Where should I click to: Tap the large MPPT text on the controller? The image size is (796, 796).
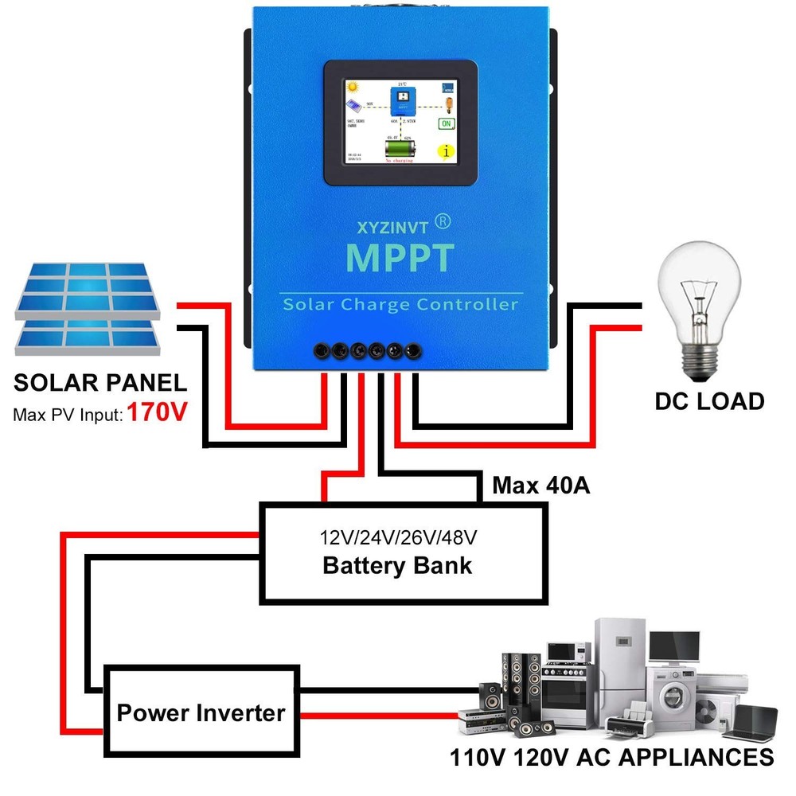[400, 258]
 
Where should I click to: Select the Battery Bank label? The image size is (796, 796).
[397, 565]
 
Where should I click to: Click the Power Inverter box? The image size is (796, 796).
[201, 711]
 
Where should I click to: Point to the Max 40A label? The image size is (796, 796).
[541, 485]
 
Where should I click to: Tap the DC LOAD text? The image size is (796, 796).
[709, 401]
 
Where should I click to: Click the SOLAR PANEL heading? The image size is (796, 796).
[100, 383]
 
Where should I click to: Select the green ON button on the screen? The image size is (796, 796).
[447, 124]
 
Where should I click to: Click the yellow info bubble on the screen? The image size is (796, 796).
[447, 150]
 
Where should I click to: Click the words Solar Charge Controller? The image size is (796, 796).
[400, 304]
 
